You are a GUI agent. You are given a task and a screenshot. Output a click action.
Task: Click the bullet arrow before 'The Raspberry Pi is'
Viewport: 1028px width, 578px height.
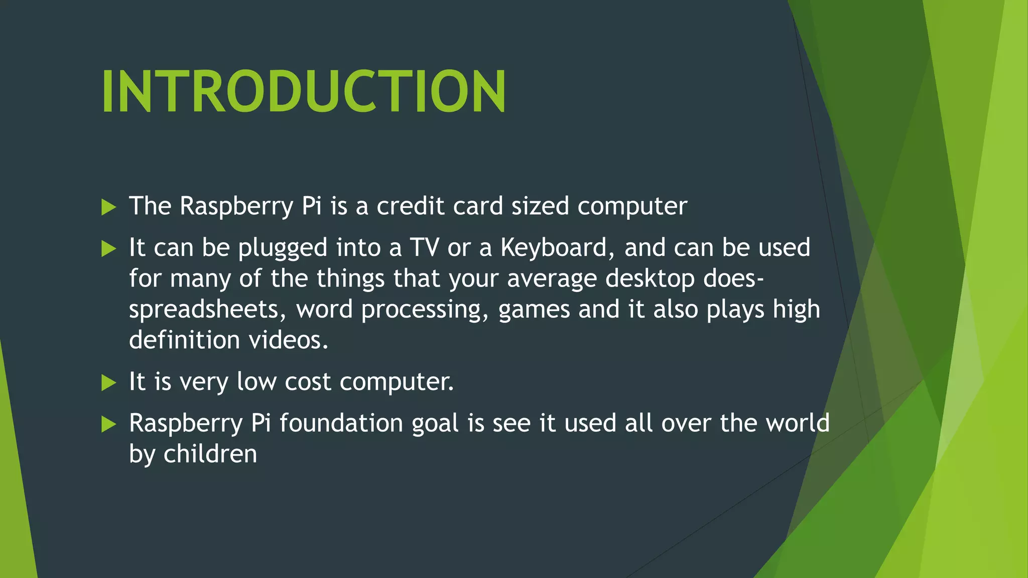coord(108,207)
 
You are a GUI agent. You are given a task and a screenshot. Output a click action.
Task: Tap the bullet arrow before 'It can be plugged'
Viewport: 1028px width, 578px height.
coord(108,248)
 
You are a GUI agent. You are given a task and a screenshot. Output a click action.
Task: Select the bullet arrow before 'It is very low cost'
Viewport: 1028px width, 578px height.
coord(108,383)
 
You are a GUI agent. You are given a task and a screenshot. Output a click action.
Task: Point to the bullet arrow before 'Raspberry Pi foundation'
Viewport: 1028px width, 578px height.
coord(108,424)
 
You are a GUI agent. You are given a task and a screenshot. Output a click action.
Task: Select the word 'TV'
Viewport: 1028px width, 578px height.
coord(424,248)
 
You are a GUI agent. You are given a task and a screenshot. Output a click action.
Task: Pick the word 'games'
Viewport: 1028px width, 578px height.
coord(534,310)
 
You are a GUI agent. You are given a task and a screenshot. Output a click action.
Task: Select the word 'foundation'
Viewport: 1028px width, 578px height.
coord(341,423)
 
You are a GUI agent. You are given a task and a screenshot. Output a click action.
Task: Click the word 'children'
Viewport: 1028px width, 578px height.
coord(210,454)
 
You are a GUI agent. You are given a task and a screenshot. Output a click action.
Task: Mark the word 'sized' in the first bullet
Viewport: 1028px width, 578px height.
coord(540,206)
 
